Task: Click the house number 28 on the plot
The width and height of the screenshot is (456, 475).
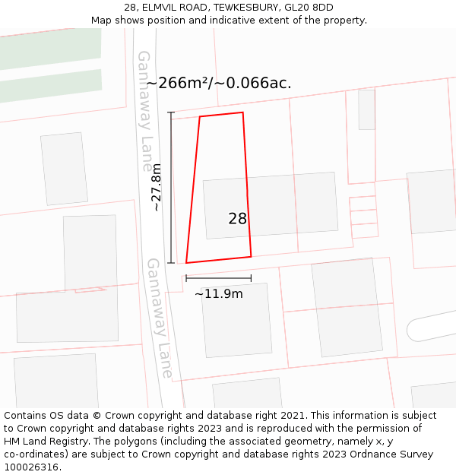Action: pos(237,219)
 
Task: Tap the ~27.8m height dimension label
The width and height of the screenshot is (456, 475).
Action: pos(156,187)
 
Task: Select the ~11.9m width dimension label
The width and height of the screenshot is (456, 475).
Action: pos(219,294)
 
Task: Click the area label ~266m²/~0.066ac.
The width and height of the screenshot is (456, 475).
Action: pos(219,83)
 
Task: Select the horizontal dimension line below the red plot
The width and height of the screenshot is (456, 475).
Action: pos(218,278)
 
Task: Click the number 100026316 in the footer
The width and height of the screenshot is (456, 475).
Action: pos(31,467)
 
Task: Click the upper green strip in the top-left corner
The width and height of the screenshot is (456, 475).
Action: pos(50,49)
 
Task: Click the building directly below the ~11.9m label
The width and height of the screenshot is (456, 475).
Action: pos(236,319)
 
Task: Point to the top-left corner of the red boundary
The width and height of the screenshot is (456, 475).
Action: pos(200,117)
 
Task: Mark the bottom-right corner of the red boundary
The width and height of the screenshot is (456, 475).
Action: pos(251,256)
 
